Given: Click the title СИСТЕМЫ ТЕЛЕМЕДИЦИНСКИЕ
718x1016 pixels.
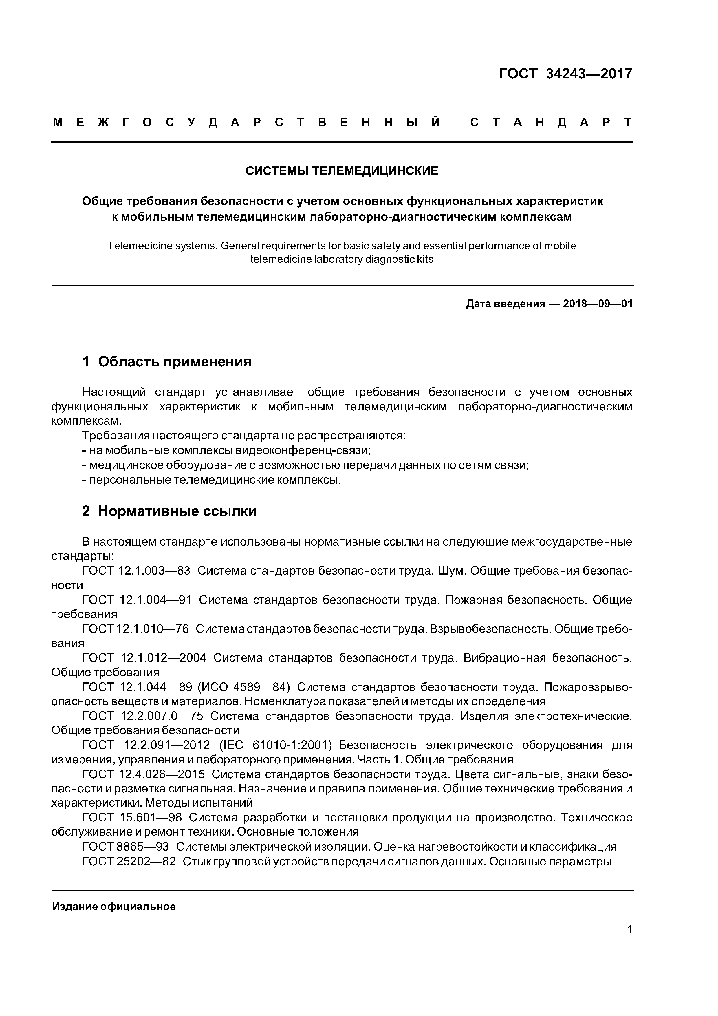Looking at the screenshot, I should [342, 171].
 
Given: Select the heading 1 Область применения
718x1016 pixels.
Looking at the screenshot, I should [167, 361].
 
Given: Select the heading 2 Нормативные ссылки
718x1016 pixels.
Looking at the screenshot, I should [169, 511].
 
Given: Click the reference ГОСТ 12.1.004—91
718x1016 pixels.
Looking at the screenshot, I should [137, 600].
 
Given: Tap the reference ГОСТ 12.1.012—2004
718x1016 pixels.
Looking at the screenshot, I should [144, 658].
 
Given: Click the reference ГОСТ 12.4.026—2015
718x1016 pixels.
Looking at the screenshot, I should [144, 774].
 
